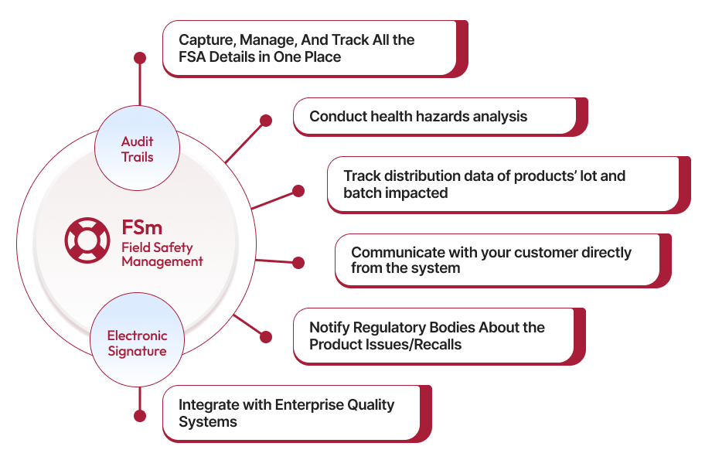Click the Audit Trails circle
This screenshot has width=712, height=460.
(137, 149)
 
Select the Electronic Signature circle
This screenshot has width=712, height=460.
(137, 343)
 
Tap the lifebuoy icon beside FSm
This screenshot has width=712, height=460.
(87, 239)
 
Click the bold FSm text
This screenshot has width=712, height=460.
(141, 229)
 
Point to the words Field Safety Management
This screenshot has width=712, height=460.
(162, 254)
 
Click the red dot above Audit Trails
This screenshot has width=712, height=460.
(139, 58)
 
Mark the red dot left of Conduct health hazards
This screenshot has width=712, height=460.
(265, 121)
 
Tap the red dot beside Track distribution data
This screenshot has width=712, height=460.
(298, 191)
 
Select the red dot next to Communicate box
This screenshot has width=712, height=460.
(298, 263)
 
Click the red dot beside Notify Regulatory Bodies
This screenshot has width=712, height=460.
(265, 337)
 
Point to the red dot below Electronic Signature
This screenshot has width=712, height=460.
(139, 416)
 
